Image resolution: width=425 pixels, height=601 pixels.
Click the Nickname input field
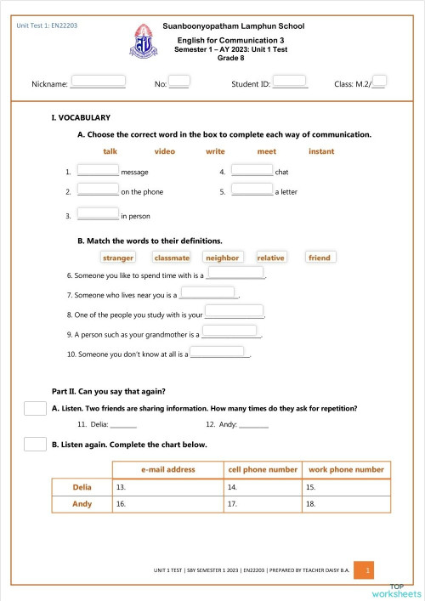pos(98,82)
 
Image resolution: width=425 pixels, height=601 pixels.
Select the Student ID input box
pos(290,82)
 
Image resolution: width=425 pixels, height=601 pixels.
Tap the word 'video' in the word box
pos(165,151)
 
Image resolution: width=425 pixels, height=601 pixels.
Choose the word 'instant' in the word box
pos(321,151)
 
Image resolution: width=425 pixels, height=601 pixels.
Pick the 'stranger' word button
pos(118,258)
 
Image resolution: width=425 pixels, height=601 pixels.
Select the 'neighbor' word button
pos(223,258)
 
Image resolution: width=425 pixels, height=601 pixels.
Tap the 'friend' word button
pos(319,258)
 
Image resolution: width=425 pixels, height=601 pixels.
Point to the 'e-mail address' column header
pos(167,469)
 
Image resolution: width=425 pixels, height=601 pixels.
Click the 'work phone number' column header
pos(346,469)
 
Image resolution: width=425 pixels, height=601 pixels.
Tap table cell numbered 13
pos(167,487)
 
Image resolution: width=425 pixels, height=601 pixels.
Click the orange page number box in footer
pos(364,571)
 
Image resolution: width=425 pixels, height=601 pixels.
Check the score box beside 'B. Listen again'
pos(35,444)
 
